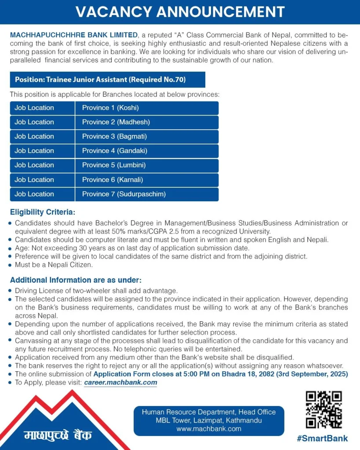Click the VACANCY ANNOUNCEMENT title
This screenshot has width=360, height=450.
point(180,12)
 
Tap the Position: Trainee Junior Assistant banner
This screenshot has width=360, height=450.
point(107,80)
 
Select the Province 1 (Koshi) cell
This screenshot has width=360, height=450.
point(147,108)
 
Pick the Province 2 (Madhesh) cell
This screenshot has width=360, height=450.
point(147,122)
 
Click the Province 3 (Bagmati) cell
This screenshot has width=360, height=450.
point(147,137)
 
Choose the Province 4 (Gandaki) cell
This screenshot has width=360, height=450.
point(147,151)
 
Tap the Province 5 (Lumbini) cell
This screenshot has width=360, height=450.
point(147,165)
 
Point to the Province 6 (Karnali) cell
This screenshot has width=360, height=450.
point(147,180)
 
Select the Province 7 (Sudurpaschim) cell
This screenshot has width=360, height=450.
point(147,194)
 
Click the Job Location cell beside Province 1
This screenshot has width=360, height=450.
point(42,108)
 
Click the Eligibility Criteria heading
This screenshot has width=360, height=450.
point(43,212)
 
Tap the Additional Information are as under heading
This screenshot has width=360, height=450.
point(76,280)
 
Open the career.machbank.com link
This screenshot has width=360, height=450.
point(120,382)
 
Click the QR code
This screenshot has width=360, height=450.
point(324,409)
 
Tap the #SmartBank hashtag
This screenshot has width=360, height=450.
point(322,438)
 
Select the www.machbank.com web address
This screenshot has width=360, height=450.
point(209,429)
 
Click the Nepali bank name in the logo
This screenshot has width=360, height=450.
point(58,435)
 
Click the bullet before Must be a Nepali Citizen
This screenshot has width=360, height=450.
point(10,265)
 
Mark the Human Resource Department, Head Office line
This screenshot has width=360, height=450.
point(209,412)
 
